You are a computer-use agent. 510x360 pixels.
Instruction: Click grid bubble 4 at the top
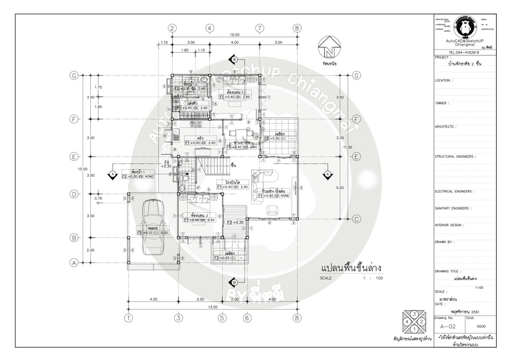tap(210, 28)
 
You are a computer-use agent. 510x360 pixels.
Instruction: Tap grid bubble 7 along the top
tap(260, 28)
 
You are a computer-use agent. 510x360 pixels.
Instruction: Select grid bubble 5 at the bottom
tap(223, 318)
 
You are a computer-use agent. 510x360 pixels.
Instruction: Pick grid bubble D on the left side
tap(74, 194)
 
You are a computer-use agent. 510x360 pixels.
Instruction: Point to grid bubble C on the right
tap(357, 218)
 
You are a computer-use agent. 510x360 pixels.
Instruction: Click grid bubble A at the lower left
tap(74, 262)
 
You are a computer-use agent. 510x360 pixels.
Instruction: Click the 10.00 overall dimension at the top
tap(234, 35)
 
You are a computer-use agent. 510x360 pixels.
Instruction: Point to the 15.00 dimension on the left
tap(83, 169)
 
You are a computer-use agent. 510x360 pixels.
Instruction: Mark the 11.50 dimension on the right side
tap(348, 147)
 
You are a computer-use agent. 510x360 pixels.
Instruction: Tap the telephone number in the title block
tap(464, 53)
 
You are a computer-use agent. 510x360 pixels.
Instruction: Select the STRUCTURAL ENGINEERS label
tap(455, 157)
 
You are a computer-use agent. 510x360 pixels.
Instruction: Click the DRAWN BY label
tap(444, 242)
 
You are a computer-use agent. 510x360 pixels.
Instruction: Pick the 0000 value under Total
tap(481, 326)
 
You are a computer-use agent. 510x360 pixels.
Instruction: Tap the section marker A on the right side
tap(328, 174)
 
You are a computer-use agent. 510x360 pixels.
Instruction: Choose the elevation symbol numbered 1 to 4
tap(414, 321)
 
